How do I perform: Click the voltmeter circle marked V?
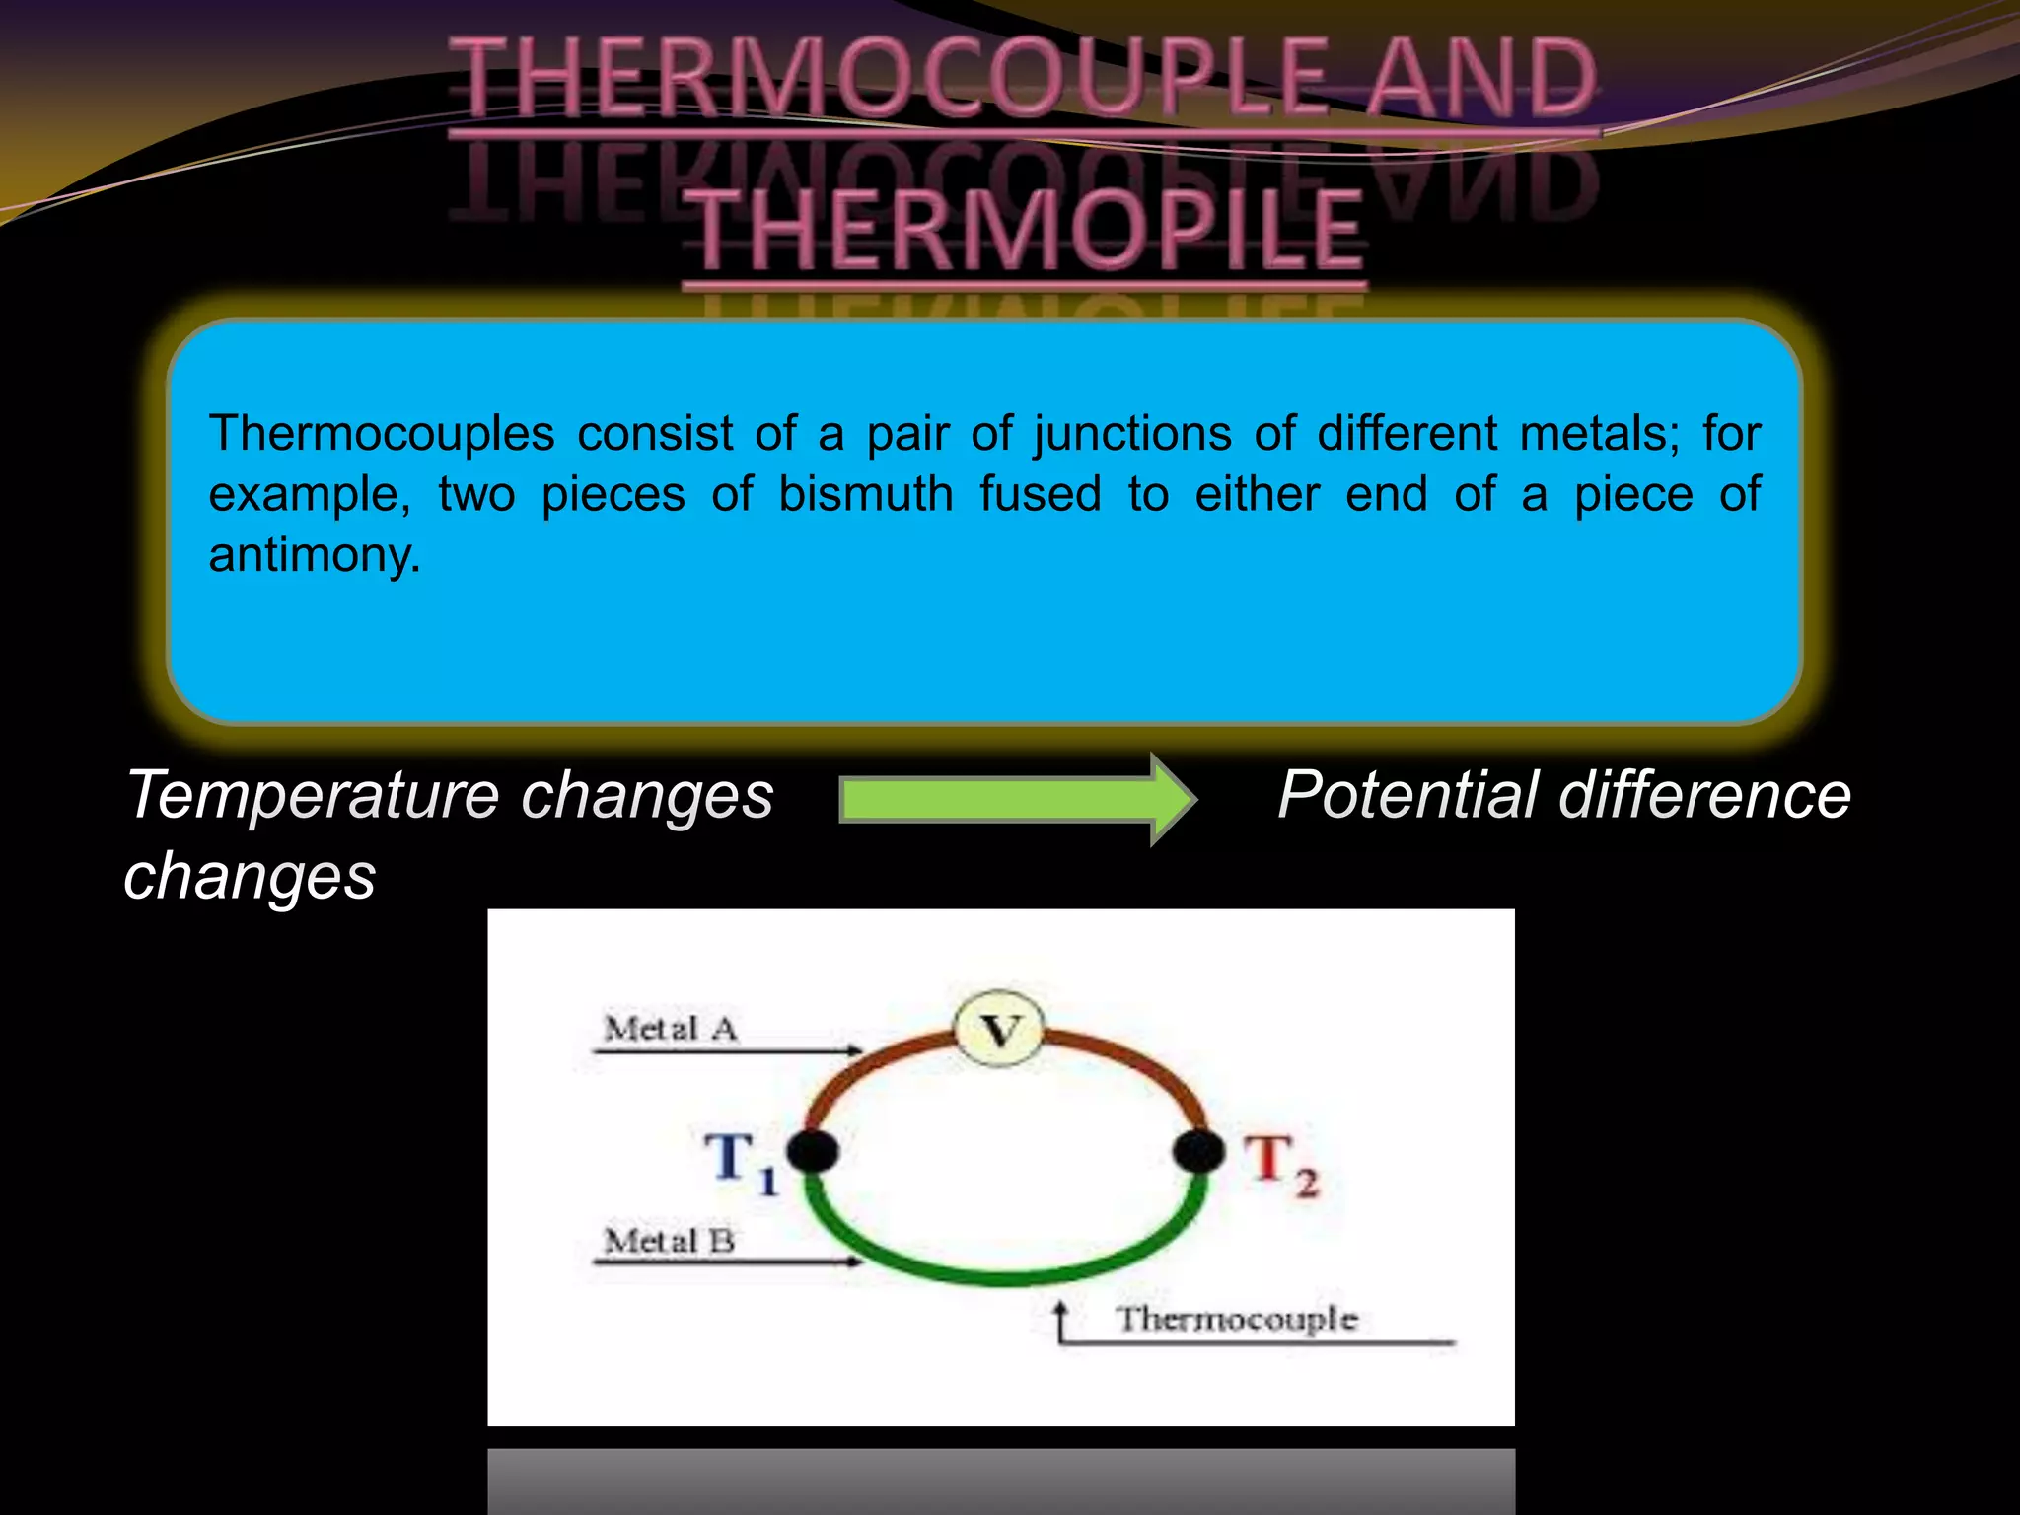pyautogui.click(x=1000, y=1030)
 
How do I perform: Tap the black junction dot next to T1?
pyautogui.click(x=813, y=1151)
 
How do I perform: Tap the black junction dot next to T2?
pyautogui.click(x=1198, y=1151)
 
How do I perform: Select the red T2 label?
pyautogui.click(x=1279, y=1164)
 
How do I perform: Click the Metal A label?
pyautogui.click(x=671, y=1029)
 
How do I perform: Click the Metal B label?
pyautogui.click(x=670, y=1241)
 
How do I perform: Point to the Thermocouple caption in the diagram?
pyautogui.click(x=1236, y=1319)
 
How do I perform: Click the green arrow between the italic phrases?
pyautogui.click(x=1016, y=799)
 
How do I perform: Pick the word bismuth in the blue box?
pyautogui.click(x=865, y=494)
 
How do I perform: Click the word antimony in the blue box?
pyautogui.click(x=315, y=555)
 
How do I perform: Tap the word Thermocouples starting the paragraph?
pyautogui.click(x=382, y=434)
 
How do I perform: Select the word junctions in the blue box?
pyautogui.click(x=1132, y=434)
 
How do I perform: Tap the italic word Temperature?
pyautogui.click(x=313, y=795)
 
